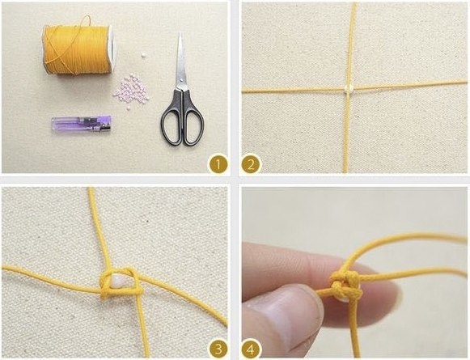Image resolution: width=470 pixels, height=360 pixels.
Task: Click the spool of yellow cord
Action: (78, 49)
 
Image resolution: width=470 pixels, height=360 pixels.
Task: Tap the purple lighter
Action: (82, 125)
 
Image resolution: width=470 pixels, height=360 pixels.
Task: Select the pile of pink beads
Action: (131, 90)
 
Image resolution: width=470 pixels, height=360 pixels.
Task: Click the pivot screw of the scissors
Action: (180, 80)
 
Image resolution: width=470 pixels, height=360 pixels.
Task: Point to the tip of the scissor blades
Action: (180, 33)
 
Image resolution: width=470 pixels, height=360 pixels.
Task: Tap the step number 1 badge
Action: (218, 163)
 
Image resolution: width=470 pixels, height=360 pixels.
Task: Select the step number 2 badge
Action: (250, 163)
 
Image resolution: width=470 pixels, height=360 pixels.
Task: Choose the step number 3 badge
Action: (218, 349)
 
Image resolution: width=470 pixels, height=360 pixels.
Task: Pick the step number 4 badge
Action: (251, 349)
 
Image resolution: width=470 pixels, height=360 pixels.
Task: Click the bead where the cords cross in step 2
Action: (349, 89)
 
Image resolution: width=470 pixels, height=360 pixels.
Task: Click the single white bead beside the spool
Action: (144, 55)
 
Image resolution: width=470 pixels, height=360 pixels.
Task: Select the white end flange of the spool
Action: (112, 49)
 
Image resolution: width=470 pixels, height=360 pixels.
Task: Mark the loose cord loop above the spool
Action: (84, 23)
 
